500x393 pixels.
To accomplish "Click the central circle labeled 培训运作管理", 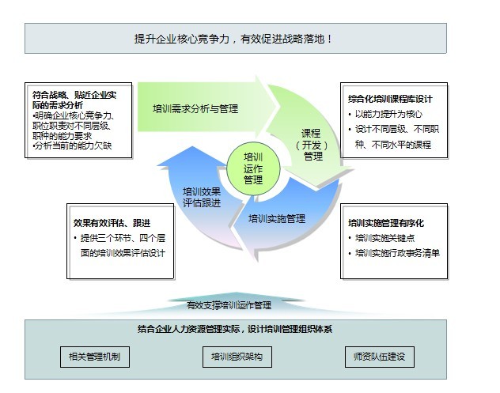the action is coord(253,168).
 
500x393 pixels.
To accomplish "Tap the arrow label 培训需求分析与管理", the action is coord(195,109).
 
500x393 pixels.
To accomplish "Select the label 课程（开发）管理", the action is coord(312,145).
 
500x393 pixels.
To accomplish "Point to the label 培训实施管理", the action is coord(277,219).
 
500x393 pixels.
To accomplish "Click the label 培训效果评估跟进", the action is coord(202,198).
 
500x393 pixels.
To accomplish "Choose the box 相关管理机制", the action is coord(95,357).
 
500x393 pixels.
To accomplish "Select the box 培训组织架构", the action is coord(237,357).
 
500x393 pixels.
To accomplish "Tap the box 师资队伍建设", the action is coord(380,357).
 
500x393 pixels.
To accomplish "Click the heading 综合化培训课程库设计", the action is coord(390,99).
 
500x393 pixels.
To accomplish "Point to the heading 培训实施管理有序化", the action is coord(386,223).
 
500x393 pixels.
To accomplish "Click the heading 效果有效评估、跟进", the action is coord(112,223).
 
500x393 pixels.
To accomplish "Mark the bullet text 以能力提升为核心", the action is coord(388,114).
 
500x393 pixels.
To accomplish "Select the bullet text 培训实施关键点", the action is coord(384,238).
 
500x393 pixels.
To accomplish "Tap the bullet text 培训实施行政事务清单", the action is coord(398,253).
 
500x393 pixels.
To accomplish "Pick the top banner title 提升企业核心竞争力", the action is coord(182,39).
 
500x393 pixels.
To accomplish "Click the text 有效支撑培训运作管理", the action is coord(229,305).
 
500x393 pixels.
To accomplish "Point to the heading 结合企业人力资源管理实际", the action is coord(189,329).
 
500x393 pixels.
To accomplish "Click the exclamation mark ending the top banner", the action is coord(329,39).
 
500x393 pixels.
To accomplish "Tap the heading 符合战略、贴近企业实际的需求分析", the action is coord(74,100).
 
